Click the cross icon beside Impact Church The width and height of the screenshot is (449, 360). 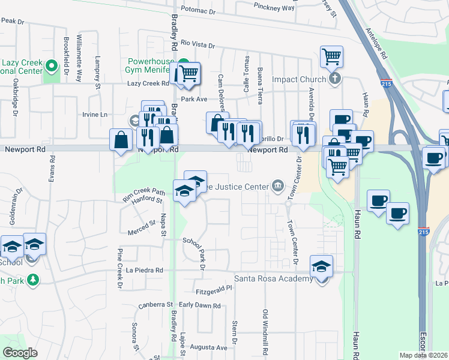coord(335,79)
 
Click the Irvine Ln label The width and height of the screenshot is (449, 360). coord(95,114)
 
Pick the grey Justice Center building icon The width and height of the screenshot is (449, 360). coord(277,187)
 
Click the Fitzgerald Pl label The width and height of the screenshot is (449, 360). coord(214,291)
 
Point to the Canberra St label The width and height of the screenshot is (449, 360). coord(155,305)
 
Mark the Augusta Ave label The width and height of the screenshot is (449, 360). coord(208,347)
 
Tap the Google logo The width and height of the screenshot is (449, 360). coord(20,353)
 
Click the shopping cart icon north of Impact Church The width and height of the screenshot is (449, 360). coord(331,58)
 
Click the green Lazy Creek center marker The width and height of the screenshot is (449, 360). coord(52,65)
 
